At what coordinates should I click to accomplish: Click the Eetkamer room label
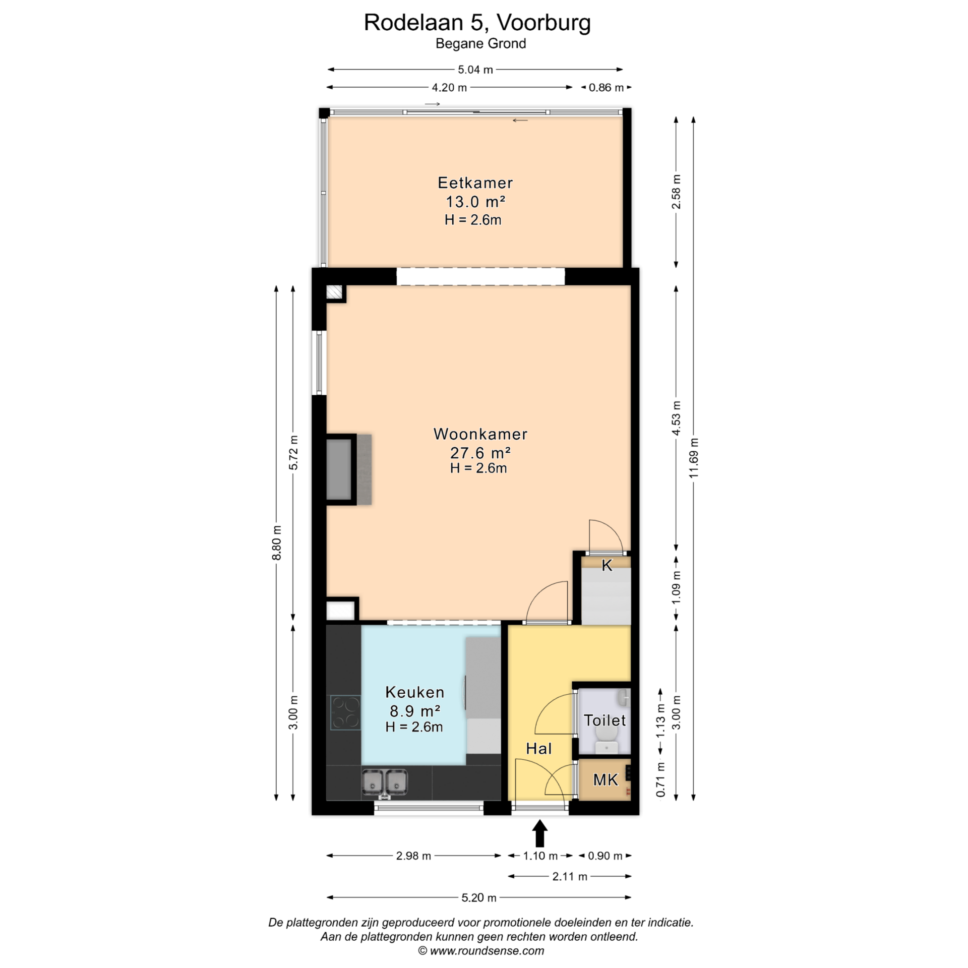[475, 183]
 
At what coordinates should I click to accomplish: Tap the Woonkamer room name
[480, 434]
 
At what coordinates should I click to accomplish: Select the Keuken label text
[414, 692]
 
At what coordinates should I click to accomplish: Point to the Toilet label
[604, 720]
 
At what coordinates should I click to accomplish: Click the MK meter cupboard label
[605, 780]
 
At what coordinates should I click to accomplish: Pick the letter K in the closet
[607, 566]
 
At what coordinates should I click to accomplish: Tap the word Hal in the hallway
[539, 749]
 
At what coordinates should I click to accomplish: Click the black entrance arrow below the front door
[540, 833]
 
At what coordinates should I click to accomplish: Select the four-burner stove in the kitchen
[345, 712]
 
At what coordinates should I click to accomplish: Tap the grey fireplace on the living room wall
[349, 469]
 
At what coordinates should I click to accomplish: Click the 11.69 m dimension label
[694, 458]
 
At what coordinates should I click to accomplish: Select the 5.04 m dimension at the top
[475, 70]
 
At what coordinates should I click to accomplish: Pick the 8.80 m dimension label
[276, 542]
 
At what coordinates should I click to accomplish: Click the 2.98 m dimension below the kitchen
[413, 856]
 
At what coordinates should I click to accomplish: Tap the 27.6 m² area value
[480, 452]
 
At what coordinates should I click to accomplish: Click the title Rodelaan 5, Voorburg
[477, 23]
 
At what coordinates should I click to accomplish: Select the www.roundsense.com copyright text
[487, 951]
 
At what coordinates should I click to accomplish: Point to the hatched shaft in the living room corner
[334, 292]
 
